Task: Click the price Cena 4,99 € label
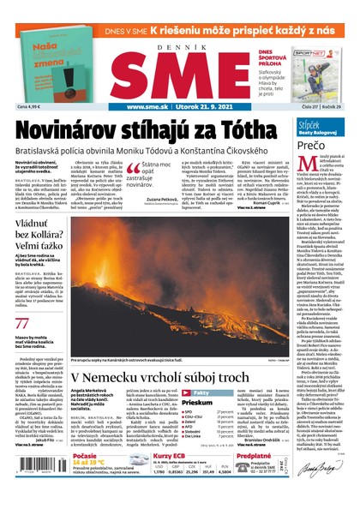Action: pyautogui.click(x=30, y=106)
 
